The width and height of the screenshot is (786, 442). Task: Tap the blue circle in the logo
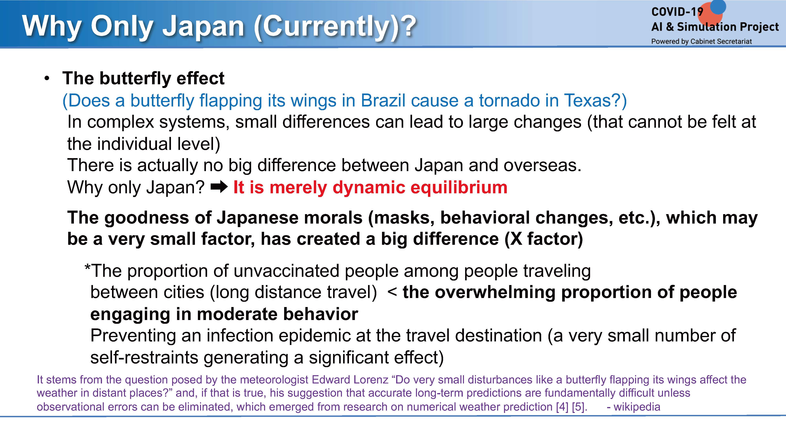(718, 6)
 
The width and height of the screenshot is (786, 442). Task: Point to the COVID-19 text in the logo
(677, 12)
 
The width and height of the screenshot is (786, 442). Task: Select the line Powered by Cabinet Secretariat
(702, 41)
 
